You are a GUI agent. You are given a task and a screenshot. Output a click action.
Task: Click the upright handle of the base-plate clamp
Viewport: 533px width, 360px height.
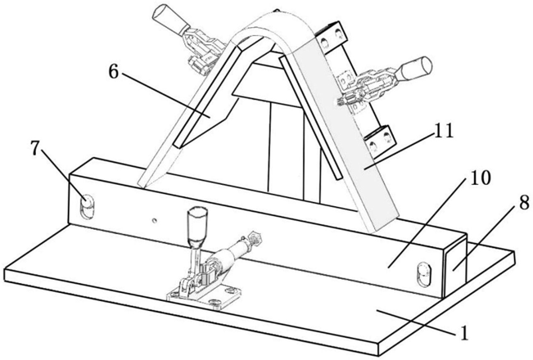click(195, 225)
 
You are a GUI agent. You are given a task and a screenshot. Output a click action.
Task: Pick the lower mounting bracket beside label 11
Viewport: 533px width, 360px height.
click(377, 141)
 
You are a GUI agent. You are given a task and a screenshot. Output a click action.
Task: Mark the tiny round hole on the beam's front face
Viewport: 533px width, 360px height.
click(153, 219)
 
